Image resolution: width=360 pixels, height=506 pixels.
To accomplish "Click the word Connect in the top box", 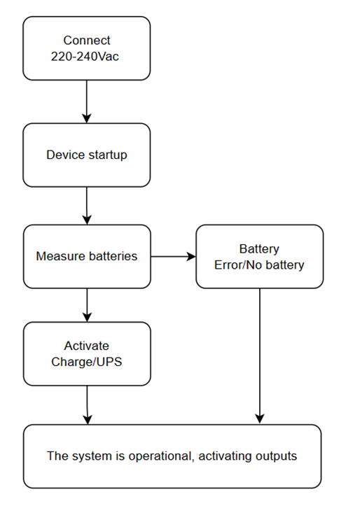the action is (87, 41).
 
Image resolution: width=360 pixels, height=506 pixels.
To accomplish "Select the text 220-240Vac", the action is (85, 57).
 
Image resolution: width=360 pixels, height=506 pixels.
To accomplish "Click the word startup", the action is (108, 155).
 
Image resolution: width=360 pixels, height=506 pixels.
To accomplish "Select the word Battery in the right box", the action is (259, 249).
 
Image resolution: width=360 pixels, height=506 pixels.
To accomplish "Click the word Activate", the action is (87, 346).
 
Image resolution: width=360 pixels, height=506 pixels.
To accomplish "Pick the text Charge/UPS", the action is (87, 362).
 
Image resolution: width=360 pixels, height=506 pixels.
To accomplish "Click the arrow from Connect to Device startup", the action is (87, 101).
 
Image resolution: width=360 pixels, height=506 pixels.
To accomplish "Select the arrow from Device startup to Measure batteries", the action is (87, 206).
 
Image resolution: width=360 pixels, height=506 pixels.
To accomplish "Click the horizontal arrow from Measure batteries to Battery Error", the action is (174, 257).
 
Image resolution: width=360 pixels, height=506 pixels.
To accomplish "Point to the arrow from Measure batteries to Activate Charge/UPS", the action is (87, 305).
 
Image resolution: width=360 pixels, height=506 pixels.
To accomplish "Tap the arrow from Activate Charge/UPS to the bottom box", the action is (87, 405).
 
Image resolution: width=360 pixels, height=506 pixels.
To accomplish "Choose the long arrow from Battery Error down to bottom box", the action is (260, 356).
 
